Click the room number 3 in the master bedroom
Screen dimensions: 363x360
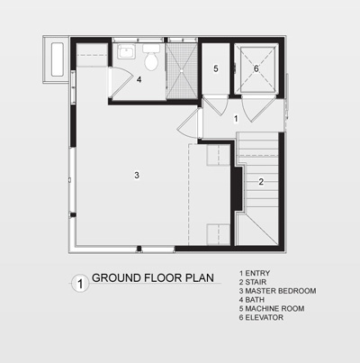pyautogui.click(x=137, y=174)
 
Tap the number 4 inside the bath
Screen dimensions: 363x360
pyautogui.click(x=139, y=79)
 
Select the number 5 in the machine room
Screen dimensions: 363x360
pyautogui.click(x=216, y=68)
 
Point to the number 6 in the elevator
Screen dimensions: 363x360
pyautogui.click(x=256, y=68)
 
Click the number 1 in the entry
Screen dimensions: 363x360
pyautogui.click(x=235, y=118)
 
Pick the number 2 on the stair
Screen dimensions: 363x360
pyautogui.click(x=261, y=182)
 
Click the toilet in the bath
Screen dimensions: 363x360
pyautogui.click(x=151, y=60)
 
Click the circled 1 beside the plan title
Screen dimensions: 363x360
pyautogui.click(x=80, y=284)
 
